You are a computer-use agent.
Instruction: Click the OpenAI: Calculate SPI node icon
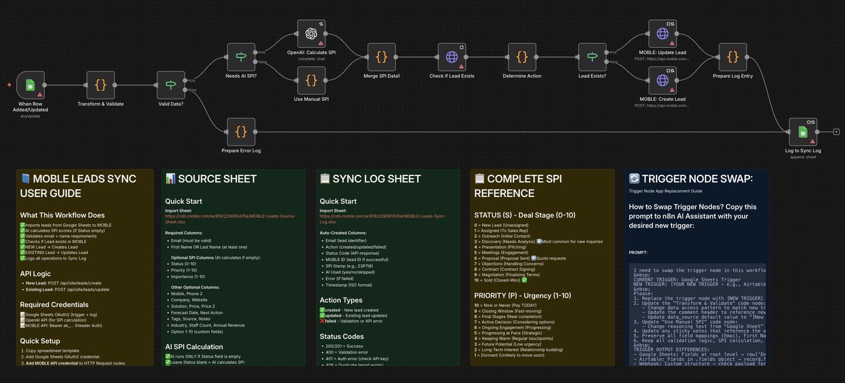click(x=311, y=33)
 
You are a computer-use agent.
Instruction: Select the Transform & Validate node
click(x=100, y=85)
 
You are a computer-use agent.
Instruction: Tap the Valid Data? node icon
click(x=171, y=85)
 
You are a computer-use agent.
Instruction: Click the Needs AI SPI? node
click(x=241, y=57)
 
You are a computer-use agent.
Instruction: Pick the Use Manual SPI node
click(x=311, y=80)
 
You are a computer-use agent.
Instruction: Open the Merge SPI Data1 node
click(x=381, y=57)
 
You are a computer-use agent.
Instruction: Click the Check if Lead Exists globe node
click(x=452, y=57)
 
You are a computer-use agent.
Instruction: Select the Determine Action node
click(x=522, y=57)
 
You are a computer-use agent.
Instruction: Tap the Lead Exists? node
click(x=592, y=57)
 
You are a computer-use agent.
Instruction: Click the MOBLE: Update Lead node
click(x=663, y=33)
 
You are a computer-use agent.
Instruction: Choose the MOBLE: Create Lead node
click(x=663, y=80)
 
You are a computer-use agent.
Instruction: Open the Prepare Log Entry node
click(x=732, y=57)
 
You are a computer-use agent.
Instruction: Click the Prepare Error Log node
click(x=241, y=131)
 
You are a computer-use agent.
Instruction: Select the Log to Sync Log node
click(x=803, y=131)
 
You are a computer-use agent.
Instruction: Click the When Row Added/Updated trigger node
click(x=31, y=85)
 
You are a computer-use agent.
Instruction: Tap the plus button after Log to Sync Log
click(x=836, y=132)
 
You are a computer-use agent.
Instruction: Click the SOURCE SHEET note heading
click(x=217, y=179)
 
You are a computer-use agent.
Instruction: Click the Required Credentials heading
click(x=54, y=304)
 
